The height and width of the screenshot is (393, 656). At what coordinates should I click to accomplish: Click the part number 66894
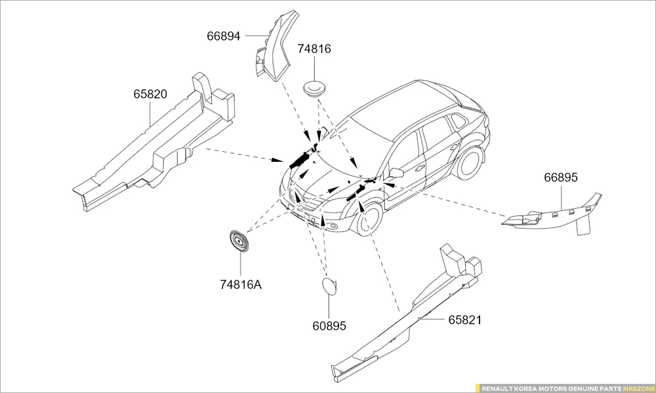[224, 36]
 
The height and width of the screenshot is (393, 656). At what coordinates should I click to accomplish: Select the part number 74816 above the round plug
[314, 49]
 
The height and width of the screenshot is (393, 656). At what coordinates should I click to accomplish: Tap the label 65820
[150, 94]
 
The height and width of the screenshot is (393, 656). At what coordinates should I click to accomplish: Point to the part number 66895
[561, 178]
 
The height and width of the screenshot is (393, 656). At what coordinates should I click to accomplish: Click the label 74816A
[241, 285]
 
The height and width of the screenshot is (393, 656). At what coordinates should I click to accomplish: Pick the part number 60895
[329, 326]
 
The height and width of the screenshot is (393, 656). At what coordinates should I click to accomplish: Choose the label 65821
[465, 320]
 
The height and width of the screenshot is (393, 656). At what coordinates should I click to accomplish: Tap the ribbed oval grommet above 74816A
[239, 241]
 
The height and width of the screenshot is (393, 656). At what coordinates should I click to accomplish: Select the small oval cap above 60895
[329, 286]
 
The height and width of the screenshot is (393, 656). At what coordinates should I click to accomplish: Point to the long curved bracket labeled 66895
[552, 215]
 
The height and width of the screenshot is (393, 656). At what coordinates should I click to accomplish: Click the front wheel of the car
[369, 218]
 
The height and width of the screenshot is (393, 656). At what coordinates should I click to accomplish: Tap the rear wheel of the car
[469, 162]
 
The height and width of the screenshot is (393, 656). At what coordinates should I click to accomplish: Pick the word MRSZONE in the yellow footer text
[638, 388]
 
